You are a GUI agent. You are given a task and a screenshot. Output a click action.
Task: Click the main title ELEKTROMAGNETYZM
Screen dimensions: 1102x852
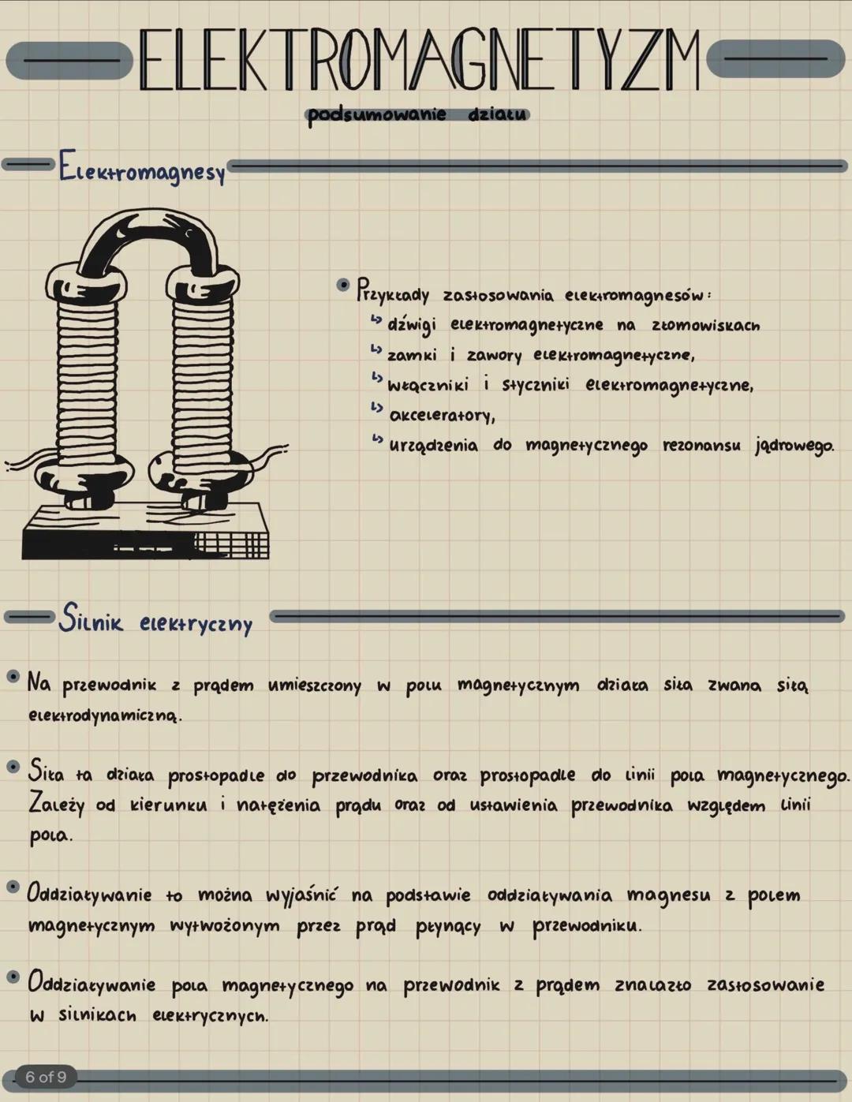(419, 61)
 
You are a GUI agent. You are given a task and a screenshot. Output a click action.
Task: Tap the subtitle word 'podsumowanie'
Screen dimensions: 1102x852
(376, 115)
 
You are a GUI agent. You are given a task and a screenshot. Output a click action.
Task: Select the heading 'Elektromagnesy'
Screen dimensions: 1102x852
(142, 170)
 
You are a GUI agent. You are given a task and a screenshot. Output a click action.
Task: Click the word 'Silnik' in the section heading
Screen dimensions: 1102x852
(92, 619)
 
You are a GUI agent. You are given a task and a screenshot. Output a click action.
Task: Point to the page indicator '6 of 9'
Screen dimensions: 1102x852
(46, 1077)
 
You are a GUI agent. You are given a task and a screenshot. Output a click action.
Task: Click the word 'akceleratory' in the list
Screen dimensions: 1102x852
(443, 415)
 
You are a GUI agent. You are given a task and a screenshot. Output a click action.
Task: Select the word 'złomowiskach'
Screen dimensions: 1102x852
(705, 325)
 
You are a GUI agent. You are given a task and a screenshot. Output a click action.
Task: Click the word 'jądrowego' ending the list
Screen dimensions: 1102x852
(794, 446)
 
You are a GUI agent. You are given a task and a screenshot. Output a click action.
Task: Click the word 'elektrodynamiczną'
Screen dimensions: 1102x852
(104, 717)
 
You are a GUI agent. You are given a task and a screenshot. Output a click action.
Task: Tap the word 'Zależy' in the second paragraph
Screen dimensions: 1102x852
(56, 805)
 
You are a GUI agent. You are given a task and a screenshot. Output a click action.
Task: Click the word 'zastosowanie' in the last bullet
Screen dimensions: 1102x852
(765, 984)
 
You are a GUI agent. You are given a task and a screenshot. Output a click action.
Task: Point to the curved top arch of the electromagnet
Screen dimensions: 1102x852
(142, 237)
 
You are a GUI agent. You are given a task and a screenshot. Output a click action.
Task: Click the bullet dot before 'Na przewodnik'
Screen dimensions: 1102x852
(13, 677)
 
